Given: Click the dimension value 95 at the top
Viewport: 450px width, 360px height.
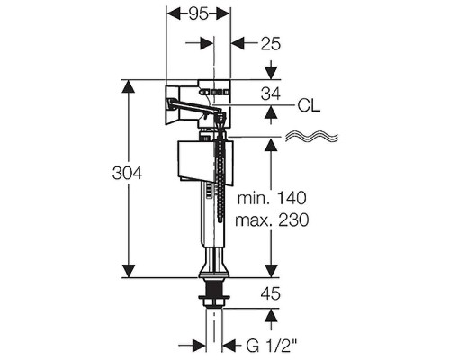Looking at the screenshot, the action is click(199, 13).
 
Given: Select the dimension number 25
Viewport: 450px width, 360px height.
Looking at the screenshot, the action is click(271, 44).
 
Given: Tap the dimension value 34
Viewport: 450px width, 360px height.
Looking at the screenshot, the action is click(271, 94).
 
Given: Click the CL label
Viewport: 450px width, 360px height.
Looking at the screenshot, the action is click(309, 105).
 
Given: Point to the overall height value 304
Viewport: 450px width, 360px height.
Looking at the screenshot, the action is click(127, 173).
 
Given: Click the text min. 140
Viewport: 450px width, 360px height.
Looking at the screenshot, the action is click(272, 198).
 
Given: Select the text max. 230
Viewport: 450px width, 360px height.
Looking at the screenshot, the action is click(272, 220).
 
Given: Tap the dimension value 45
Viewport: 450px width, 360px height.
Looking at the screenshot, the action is click(271, 293).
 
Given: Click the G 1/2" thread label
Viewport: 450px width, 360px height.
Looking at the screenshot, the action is click(272, 346).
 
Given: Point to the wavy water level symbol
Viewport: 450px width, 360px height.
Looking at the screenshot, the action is click(311, 137).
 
